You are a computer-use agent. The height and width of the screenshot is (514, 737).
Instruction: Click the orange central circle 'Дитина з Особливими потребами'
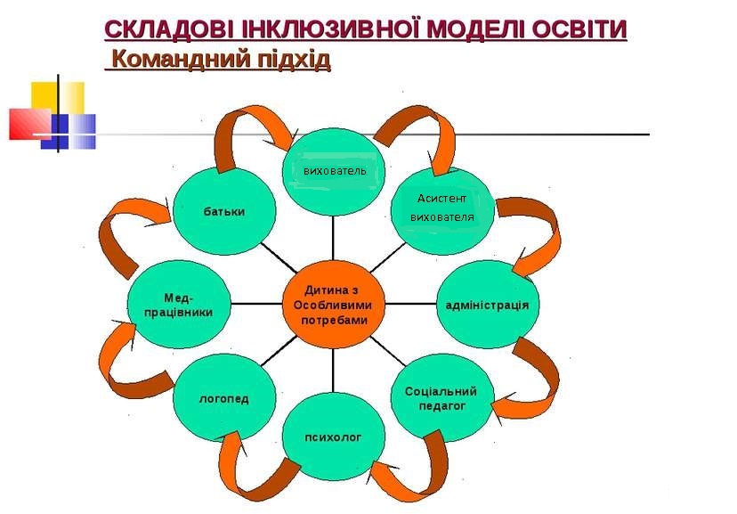(x=333, y=305)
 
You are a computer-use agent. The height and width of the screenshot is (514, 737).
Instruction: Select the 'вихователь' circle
(x=333, y=172)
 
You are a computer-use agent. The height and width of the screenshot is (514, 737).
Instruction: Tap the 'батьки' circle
(x=224, y=211)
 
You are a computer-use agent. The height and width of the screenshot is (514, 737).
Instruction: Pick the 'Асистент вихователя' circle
(x=442, y=211)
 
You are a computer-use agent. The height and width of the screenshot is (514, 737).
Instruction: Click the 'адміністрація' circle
(x=488, y=305)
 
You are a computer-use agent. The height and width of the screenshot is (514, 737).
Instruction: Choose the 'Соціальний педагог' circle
(x=442, y=398)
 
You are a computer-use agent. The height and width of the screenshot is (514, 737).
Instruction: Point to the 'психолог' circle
(x=333, y=436)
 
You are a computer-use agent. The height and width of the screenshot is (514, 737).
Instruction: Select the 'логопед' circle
(x=224, y=398)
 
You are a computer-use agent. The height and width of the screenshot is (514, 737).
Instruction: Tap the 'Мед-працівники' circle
(x=179, y=305)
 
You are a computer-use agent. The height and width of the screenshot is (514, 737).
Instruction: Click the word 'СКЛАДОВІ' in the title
(x=168, y=29)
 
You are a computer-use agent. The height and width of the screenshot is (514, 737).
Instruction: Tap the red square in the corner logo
(x=29, y=124)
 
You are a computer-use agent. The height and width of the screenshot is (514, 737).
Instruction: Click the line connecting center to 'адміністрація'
(x=411, y=305)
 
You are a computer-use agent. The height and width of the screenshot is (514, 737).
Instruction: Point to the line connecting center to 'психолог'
(x=333, y=371)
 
